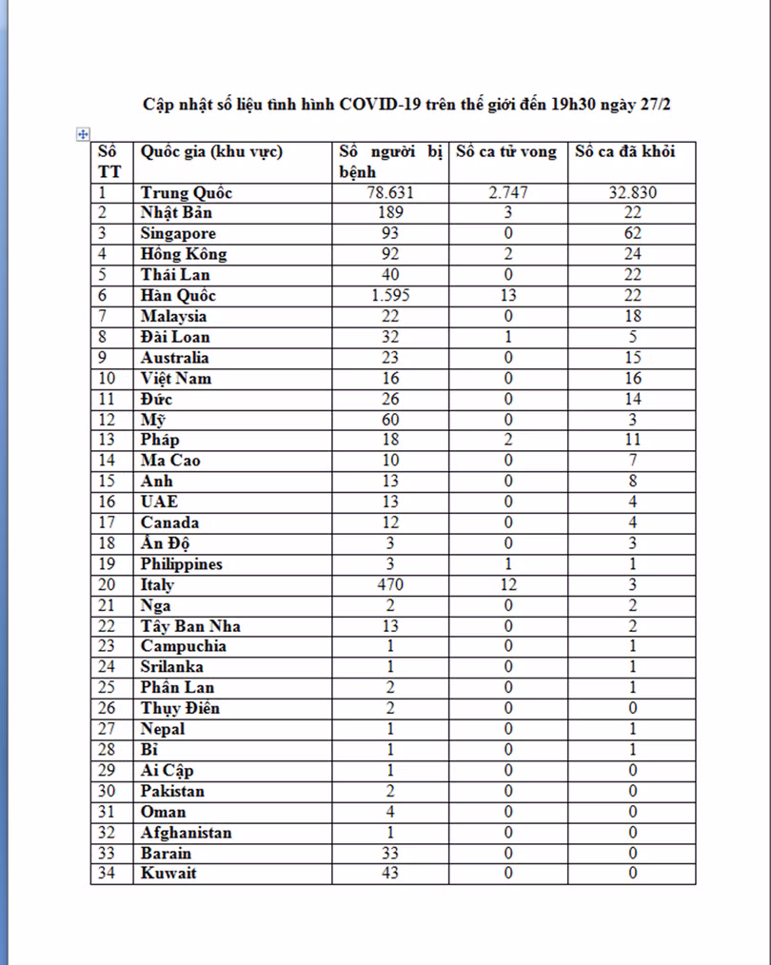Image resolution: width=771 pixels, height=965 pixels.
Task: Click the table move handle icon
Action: [82, 134]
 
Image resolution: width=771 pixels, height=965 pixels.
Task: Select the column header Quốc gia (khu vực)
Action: [211, 152]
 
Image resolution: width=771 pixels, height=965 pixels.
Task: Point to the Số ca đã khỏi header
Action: [624, 152]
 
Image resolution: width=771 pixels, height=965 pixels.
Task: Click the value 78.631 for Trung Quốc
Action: [390, 193]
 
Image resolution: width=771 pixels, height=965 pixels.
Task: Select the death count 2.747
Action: [508, 193]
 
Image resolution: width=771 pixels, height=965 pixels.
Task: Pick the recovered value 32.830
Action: [633, 193]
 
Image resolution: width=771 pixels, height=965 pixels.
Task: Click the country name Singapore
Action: [178, 234]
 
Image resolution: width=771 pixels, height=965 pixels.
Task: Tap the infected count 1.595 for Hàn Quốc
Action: [390, 296]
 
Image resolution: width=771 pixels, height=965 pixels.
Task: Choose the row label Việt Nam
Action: [176, 379]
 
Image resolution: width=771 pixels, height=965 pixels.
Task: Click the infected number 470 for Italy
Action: [390, 585]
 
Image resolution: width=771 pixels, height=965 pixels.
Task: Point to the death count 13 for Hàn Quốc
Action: [508, 296]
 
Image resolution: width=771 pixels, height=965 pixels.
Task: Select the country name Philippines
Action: [182, 564]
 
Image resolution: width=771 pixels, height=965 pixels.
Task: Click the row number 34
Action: [108, 874]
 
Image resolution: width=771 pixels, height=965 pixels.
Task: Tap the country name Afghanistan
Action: [186, 833]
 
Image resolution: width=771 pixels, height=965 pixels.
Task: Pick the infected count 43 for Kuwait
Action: [390, 874]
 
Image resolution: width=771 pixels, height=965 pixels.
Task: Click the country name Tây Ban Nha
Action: [190, 626]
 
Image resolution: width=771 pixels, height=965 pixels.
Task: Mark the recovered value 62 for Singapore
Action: [633, 234]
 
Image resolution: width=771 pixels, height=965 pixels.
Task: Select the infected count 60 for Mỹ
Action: [390, 420]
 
